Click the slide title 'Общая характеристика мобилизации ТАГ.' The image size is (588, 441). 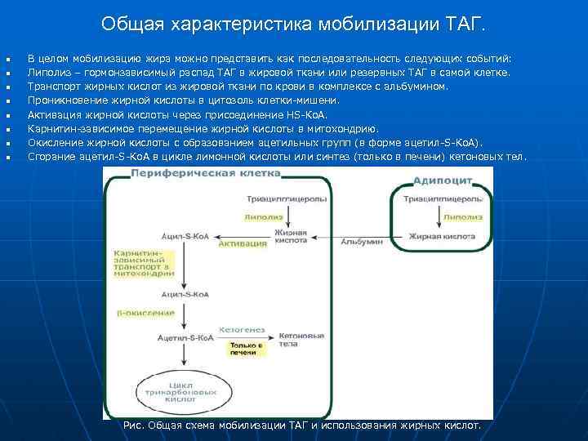[x=293, y=24]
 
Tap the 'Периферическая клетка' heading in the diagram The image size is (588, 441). [x=205, y=173]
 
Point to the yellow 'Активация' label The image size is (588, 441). [x=243, y=243]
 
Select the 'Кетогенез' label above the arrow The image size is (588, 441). [x=243, y=329]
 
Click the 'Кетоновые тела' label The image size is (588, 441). [x=296, y=339]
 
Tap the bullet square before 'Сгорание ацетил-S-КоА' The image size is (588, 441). [x=7, y=156]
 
